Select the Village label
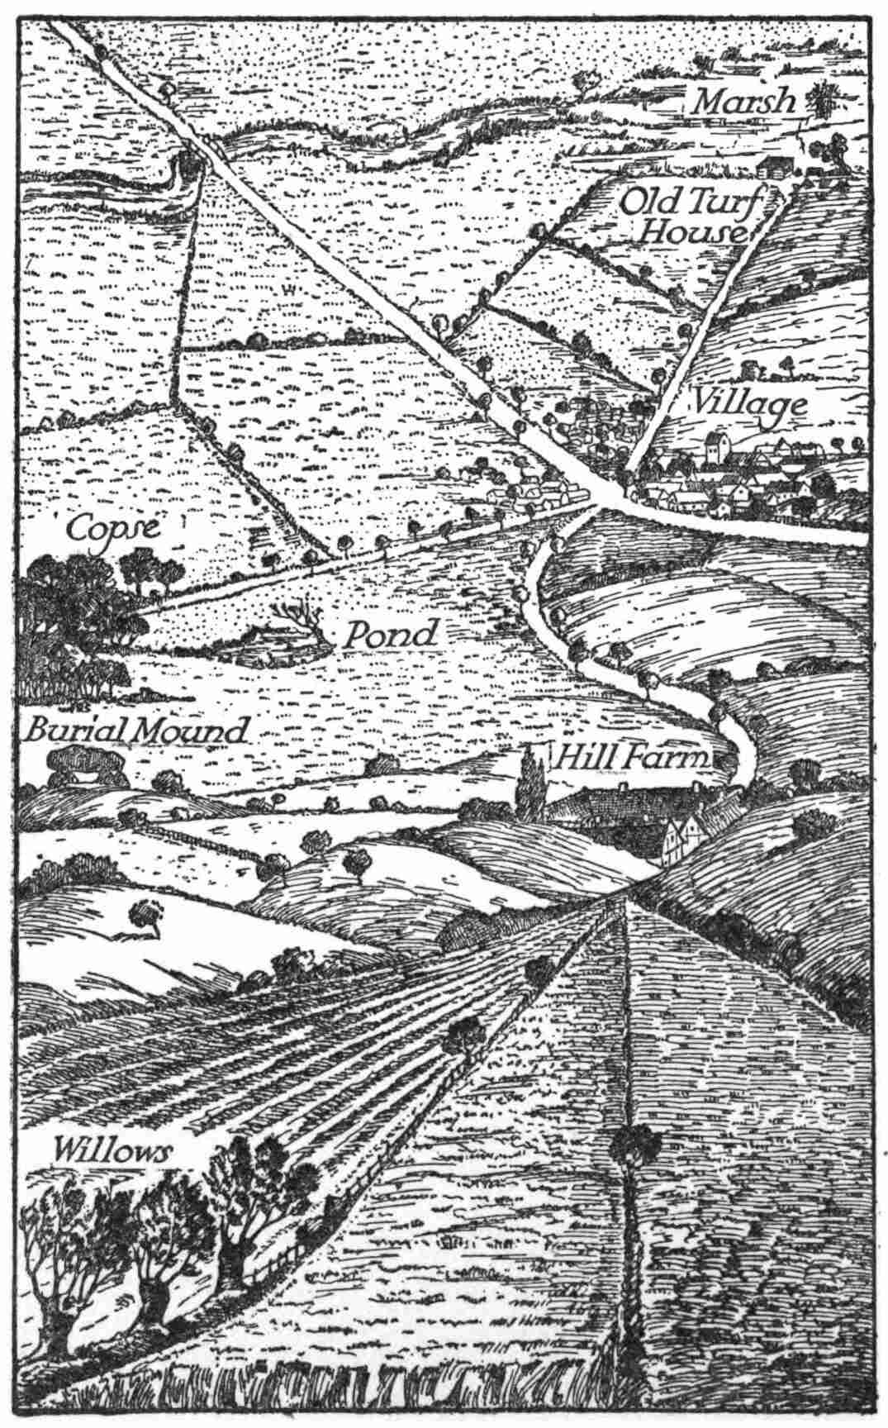[x=748, y=405]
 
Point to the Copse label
[x=113, y=527]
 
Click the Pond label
[x=389, y=635]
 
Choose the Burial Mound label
[x=136, y=731]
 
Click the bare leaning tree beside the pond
[x=303, y=621]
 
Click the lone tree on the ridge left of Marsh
[x=587, y=82]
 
